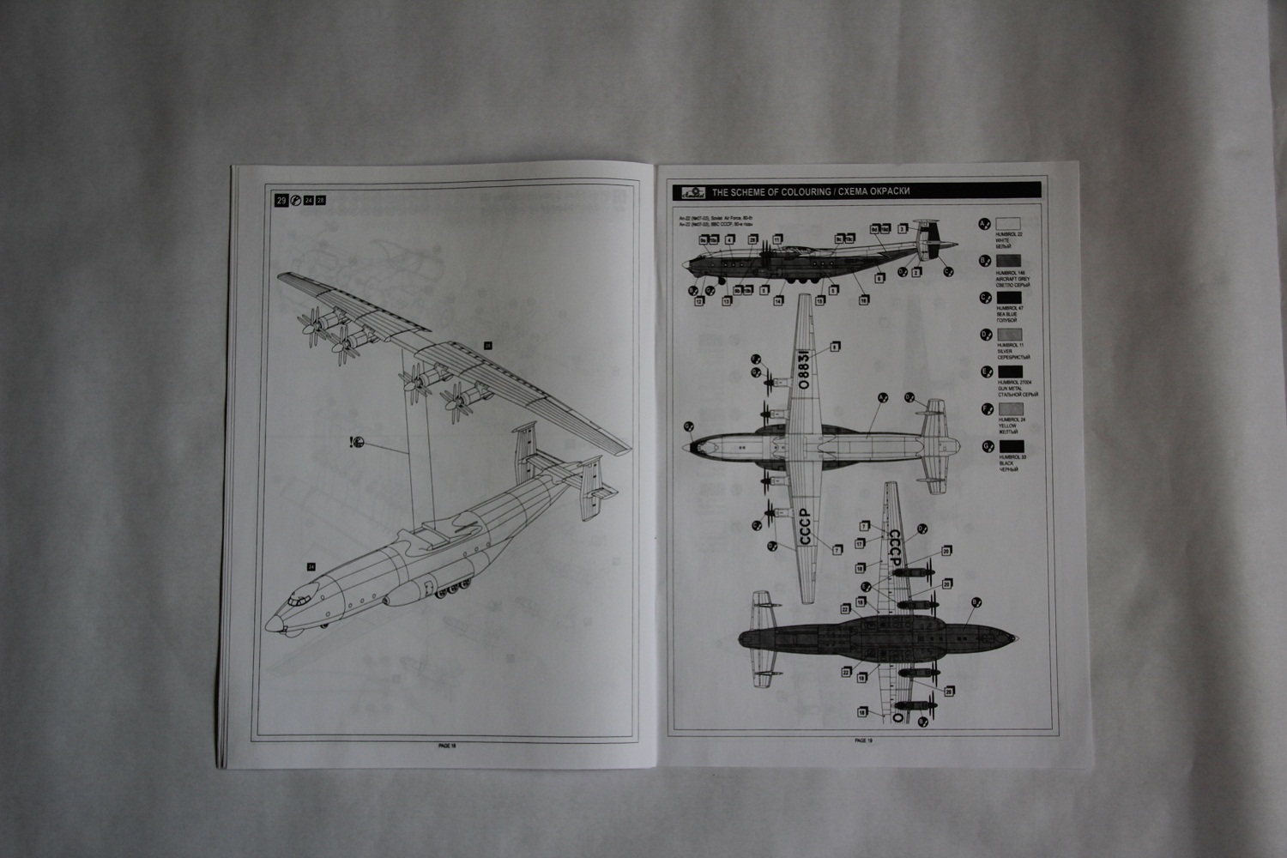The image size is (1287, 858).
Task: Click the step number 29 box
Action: point(281,201)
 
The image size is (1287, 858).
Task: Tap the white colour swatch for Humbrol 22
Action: point(1009,224)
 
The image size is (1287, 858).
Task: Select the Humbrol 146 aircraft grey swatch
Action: point(1009,261)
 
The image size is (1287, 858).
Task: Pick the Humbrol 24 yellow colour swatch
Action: point(1009,409)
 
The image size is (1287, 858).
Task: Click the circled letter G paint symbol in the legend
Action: point(986,446)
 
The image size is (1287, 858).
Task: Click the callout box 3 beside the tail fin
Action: point(903,229)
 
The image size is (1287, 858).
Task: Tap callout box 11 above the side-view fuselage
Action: point(777,239)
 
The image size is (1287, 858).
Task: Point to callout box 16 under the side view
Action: point(863,300)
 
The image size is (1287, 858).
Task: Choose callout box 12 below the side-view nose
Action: point(699,301)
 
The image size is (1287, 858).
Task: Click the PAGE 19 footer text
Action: point(863,740)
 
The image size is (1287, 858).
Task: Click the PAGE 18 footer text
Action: point(447,746)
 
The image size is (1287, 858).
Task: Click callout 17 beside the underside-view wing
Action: point(859,542)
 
